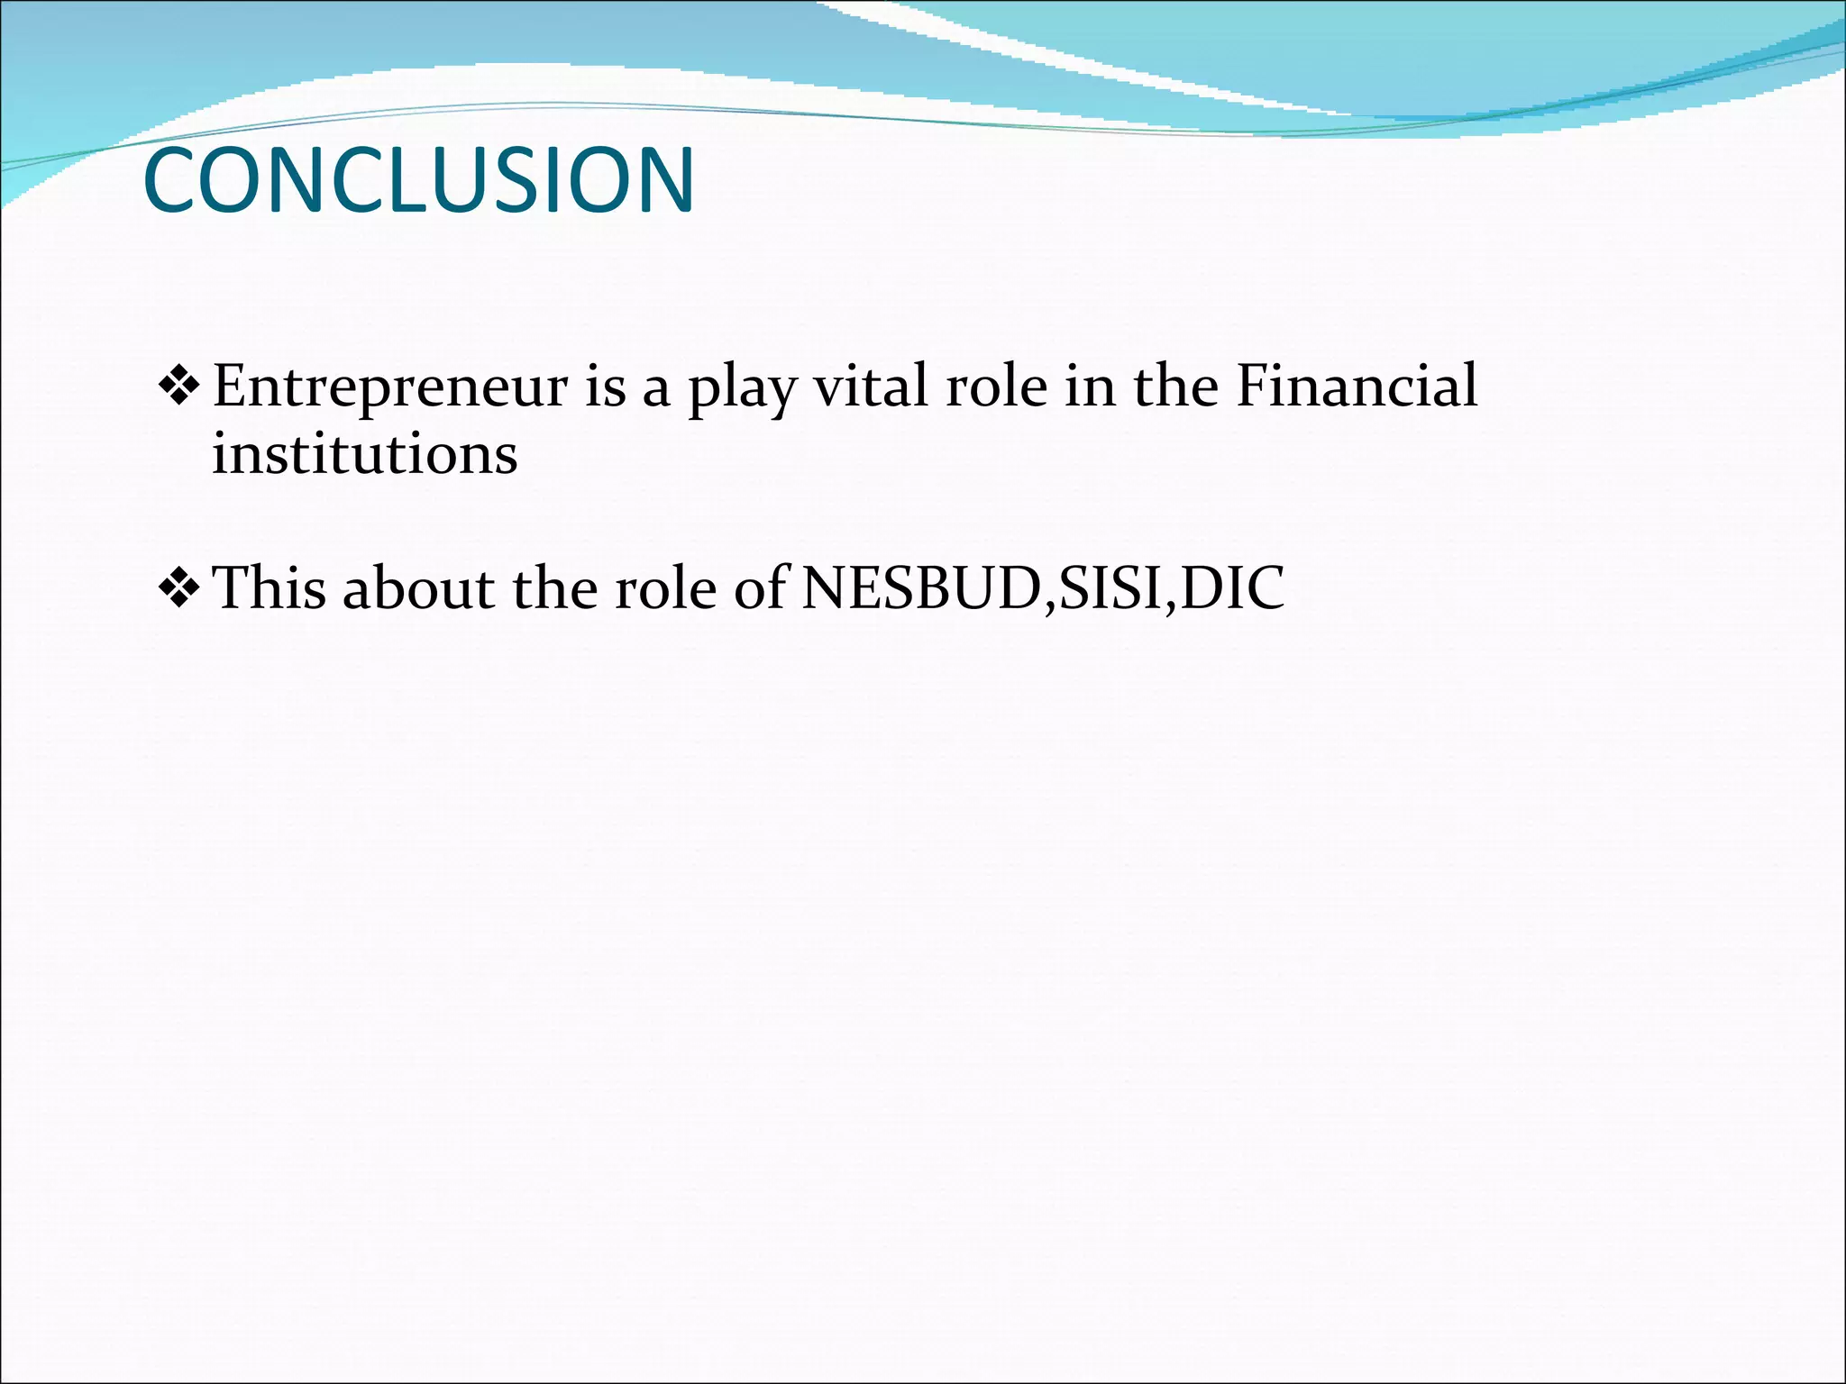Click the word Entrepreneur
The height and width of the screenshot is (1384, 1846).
tap(390, 387)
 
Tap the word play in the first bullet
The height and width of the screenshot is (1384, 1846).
tap(743, 389)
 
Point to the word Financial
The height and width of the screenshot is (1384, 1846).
tap(1357, 386)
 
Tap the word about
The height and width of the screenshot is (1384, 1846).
tap(419, 587)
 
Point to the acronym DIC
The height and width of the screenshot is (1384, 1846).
tap(1231, 587)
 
